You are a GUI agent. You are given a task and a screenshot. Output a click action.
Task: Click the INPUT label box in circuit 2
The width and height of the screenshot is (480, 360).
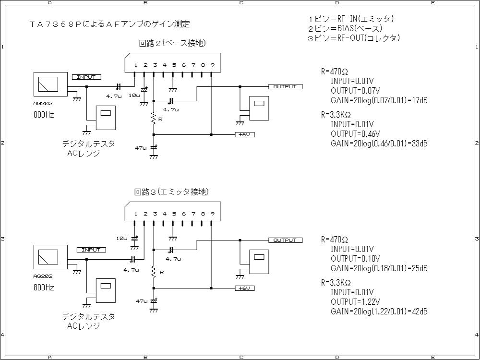click(86, 77)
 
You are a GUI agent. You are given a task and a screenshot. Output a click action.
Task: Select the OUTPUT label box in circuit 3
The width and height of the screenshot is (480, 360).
click(285, 240)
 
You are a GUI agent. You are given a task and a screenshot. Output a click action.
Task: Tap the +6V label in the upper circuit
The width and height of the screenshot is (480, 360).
click(244, 134)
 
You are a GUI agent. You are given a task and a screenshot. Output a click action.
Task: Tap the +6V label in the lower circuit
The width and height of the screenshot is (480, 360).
click(244, 288)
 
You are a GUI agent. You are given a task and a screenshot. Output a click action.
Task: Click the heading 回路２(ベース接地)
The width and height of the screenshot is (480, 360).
click(172, 43)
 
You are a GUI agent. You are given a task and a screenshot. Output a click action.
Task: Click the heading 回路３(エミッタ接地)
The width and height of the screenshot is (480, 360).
click(171, 192)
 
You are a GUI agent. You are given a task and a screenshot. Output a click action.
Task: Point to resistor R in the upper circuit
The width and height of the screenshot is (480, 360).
click(154, 119)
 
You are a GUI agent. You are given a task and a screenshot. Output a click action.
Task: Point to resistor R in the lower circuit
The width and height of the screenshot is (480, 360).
click(154, 272)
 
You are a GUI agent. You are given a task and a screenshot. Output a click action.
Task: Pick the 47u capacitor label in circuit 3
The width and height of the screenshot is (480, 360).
click(141, 301)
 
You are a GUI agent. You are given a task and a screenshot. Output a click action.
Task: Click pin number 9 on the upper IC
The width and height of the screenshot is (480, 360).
click(212, 65)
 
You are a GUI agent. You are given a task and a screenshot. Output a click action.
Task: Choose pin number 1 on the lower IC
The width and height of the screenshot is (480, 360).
click(136, 214)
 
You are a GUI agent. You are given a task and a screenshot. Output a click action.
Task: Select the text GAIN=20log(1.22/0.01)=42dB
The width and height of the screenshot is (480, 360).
click(379, 312)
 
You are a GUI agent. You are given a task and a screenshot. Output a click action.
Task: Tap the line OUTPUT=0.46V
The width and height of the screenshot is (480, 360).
click(355, 133)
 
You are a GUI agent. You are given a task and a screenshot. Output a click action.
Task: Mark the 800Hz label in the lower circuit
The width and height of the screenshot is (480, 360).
click(44, 288)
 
